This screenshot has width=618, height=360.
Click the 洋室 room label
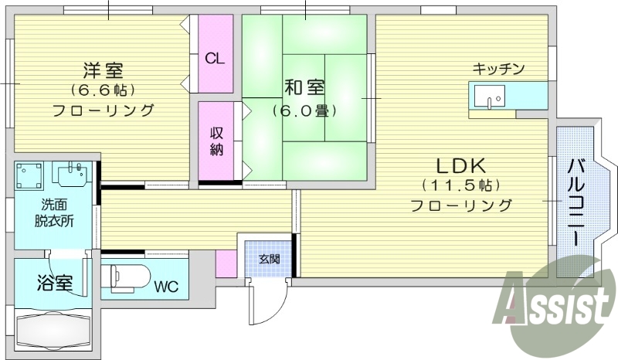[102, 70]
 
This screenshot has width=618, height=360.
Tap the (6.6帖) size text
[102, 90]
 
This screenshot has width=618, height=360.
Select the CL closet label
[216, 59]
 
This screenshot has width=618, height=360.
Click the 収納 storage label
[216, 140]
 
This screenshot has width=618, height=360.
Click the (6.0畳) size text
[304, 110]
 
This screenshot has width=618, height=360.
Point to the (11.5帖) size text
[461, 185]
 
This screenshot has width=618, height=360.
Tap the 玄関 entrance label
[269, 258]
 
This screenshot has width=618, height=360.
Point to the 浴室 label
[54, 283]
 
